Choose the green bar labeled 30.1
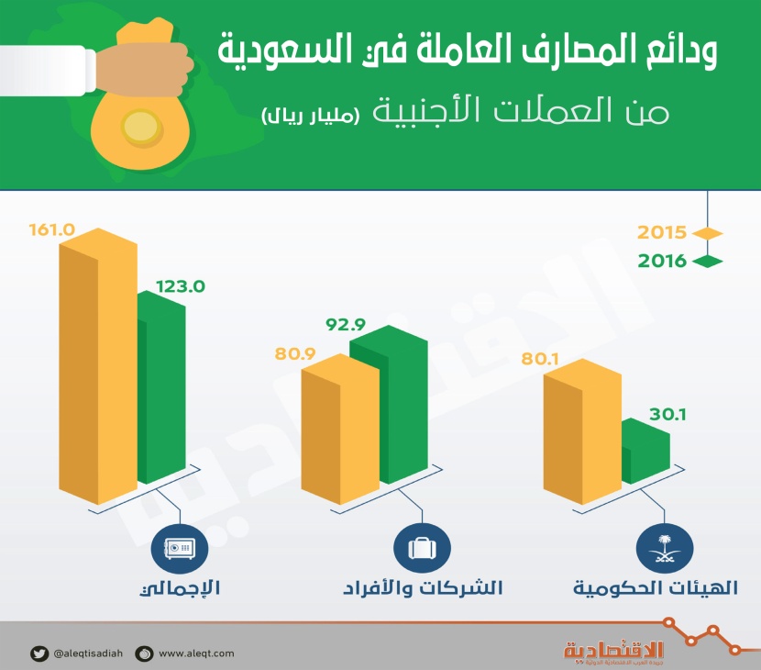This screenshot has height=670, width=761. tap(645, 454)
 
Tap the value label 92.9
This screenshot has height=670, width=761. tap(346, 323)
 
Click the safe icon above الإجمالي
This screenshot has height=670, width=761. tap(179, 549)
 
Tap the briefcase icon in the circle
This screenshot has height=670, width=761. tap(421, 549)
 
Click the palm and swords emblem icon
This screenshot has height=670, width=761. tap(663, 549)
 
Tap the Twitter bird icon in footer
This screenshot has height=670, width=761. tap(39, 653)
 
